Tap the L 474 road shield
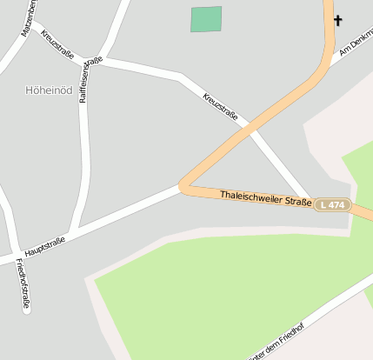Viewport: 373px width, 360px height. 332,204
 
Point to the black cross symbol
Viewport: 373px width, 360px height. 337,20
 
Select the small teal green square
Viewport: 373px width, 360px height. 206,19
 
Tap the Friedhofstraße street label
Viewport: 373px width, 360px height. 23,285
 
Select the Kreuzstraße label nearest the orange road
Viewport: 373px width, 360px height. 220,109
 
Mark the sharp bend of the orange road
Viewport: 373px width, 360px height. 183,185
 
